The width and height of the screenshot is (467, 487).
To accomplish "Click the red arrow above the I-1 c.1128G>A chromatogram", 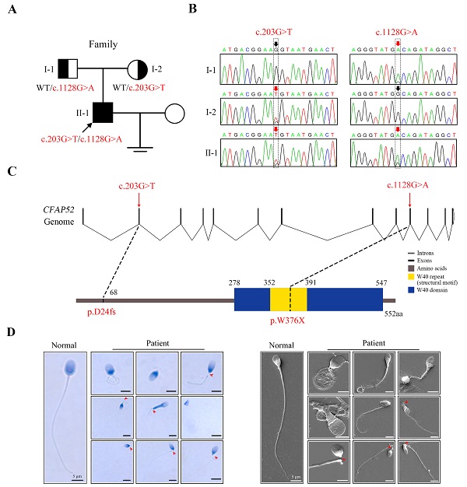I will pos(399,45).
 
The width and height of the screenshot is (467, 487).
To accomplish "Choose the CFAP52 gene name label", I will pos(57,209).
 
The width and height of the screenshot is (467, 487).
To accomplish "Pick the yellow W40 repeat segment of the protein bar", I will pos(289,300).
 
